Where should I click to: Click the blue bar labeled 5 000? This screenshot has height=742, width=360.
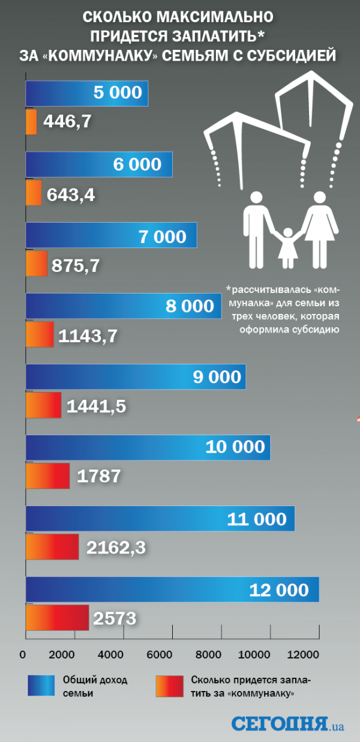[87, 93]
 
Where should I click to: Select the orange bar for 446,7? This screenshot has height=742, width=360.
[31, 122]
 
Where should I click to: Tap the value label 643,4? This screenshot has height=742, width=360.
[70, 195]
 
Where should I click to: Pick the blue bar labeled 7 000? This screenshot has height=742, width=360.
[111, 235]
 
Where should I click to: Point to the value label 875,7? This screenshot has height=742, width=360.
[76, 265]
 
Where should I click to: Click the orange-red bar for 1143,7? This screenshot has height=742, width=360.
[40, 334]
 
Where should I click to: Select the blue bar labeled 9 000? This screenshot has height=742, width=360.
[136, 376]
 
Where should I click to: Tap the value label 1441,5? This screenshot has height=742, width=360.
[96, 406]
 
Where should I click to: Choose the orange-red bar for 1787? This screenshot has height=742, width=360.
[47, 475]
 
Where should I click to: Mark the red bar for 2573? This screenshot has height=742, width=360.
[57, 617]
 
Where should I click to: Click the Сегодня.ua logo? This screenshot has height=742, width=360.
[287, 723]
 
